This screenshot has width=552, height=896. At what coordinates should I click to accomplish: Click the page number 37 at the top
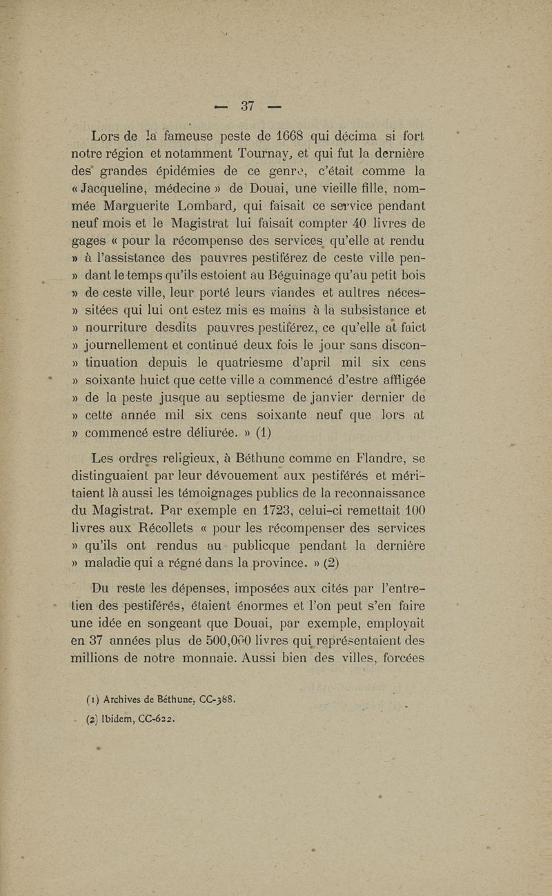tap(248, 106)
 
